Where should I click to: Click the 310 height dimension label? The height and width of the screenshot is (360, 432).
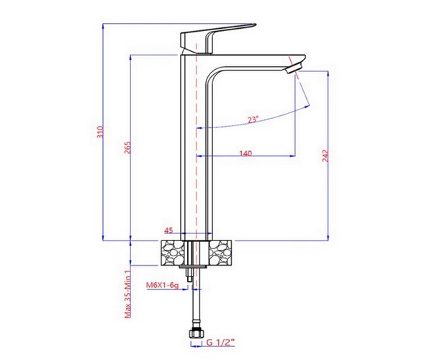[101, 132]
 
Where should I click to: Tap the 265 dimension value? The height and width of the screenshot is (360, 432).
[128, 148]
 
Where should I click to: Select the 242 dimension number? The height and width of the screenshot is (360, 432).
[325, 156]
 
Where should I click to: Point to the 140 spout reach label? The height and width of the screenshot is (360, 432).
[246, 153]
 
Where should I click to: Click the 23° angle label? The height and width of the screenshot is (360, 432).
[253, 120]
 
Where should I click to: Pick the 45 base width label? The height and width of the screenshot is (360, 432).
[168, 230]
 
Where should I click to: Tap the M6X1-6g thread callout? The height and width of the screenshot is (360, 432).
[162, 285]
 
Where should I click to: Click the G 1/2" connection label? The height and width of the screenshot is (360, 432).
[220, 343]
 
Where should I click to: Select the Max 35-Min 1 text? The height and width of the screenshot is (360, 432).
[127, 294]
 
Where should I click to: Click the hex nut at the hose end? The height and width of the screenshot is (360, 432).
[196, 334]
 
